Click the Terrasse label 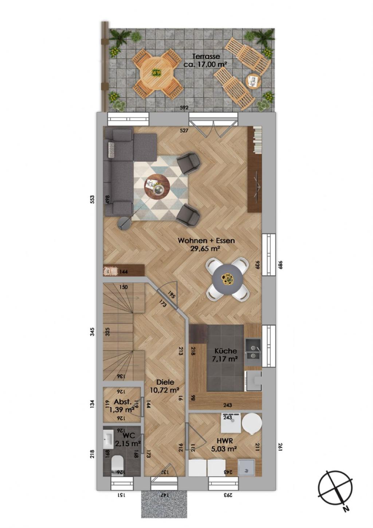pyautogui.click(x=206, y=57)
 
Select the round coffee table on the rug pyautogui.click(x=157, y=185)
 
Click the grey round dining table pyautogui.click(x=228, y=279)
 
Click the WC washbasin pyautogui.click(x=109, y=438)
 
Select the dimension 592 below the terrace pyautogui.click(x=184, y=108)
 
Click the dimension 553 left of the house pyautogui.click(x=92, y=199)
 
